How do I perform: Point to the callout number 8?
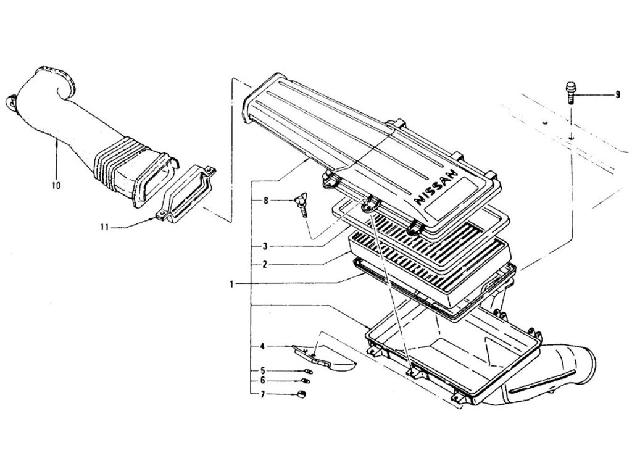tap(267, 201)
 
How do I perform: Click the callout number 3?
tap(264, 246)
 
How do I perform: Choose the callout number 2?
tap(264, 264)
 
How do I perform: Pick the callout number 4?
tap(262, 347)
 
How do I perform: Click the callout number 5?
tap(262, 370)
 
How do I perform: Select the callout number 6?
tap(262, 381)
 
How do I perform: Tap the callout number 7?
tap(262, 393)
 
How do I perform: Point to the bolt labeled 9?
tap(570, 93)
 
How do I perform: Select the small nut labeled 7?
tap(302, 394)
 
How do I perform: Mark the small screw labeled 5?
tap(307, 371)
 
